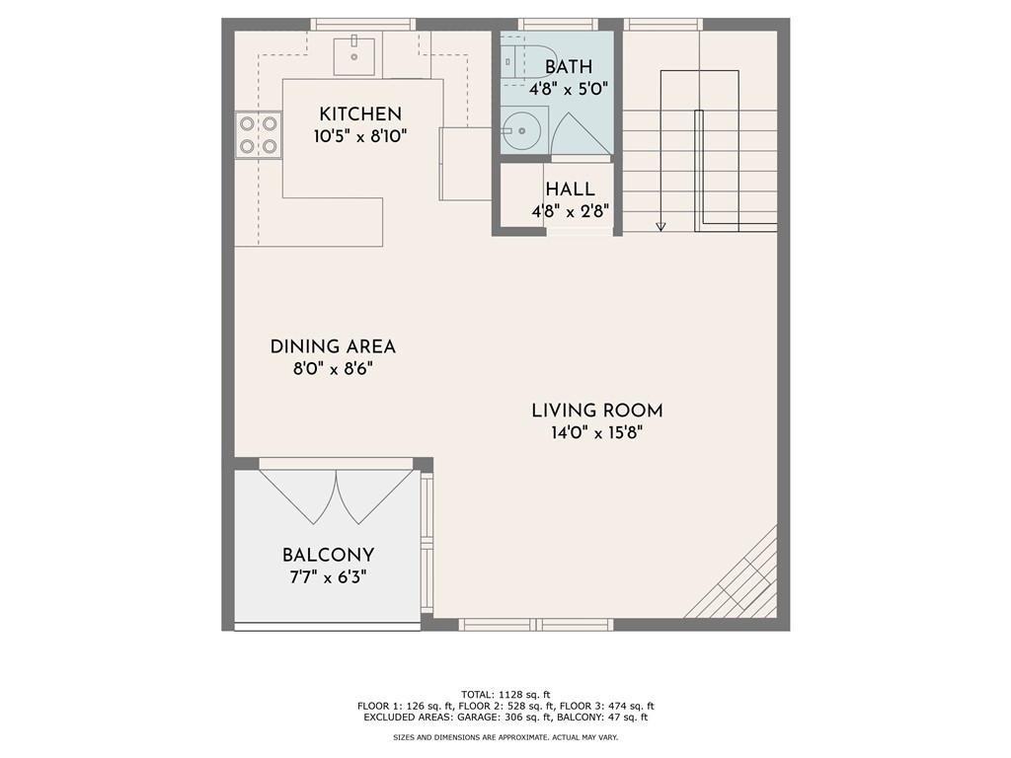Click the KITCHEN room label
[360, 114]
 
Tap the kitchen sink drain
[354, 56]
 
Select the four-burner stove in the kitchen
[258, 134]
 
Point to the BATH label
[568, 67]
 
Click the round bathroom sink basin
[521, 131]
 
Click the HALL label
[570, 189]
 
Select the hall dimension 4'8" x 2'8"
[570, 211]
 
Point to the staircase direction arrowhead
[661, 226]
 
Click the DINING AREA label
[333, 346]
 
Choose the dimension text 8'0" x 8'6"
[333, 369]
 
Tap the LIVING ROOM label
[597, 411]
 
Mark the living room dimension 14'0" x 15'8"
[597, 432]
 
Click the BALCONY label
[328, 555]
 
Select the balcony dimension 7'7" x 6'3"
[328, 576]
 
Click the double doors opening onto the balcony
[336, 495]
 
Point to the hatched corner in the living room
[735, 575]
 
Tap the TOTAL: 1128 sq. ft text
[505, 695]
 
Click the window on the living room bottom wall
[535, 624]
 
